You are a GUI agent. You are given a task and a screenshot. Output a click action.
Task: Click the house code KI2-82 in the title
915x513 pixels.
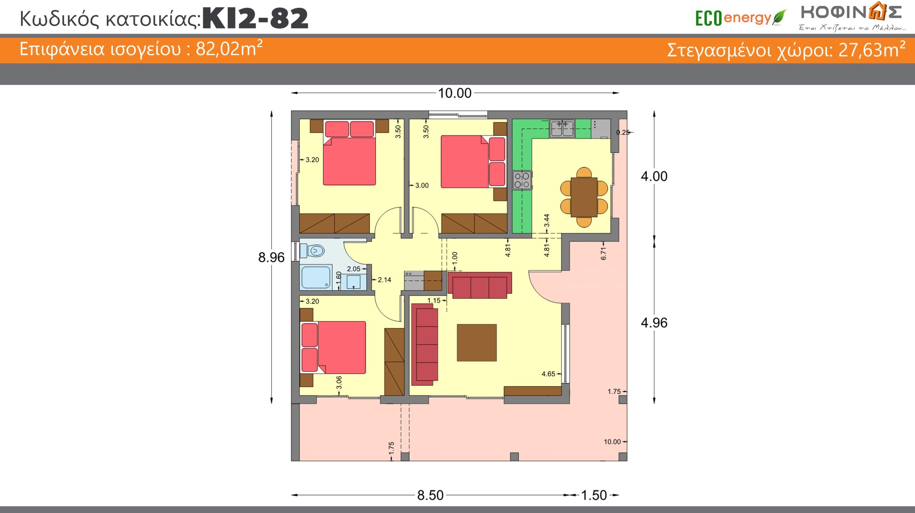pos(255,18)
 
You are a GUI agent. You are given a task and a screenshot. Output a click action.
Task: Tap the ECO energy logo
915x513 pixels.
pos(741,18)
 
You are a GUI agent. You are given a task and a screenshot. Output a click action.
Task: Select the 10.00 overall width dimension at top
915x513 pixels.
pos(455,93)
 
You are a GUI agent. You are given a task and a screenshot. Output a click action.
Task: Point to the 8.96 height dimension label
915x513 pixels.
pos(271,257)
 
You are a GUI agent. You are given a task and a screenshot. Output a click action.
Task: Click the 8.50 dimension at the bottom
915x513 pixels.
pos(430,495)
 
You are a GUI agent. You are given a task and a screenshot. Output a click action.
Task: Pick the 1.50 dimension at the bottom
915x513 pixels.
pos(594,495)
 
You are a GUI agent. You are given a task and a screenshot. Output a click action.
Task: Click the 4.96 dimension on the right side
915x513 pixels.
pos(654,323)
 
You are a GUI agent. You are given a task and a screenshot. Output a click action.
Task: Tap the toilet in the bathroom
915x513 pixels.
pos(312,251)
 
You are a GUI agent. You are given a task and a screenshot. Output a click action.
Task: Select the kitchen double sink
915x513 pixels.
pos(562,129)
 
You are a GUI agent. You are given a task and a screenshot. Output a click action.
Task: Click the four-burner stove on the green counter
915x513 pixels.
pos(522,180)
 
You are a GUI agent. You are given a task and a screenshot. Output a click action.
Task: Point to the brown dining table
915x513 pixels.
pos(584,197)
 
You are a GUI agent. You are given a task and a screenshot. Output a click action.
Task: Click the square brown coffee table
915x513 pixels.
pos(477,343)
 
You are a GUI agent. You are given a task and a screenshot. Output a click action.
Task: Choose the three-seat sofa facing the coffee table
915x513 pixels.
pos(480,285)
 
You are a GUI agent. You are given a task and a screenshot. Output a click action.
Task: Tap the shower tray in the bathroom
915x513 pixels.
pos(316,277)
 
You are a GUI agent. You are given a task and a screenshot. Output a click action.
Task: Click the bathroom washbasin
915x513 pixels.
pos(353,282)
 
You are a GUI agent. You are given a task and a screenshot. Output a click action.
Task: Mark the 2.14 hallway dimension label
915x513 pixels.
pos(384,280)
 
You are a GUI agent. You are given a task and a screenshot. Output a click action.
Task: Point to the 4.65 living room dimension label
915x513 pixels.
pos(548,374)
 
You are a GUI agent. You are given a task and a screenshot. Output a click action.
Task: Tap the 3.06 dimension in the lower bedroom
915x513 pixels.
pos(339,382)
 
